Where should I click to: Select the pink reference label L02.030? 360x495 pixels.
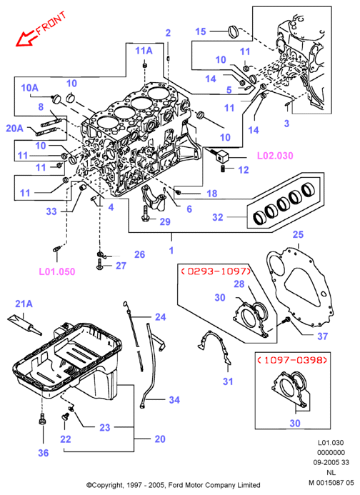(x=275, y=156)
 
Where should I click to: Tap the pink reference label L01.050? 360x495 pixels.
(x=57, y=271)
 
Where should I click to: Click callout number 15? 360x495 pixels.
(x=201, y=31)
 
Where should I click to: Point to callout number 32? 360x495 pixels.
(x=218, y=217)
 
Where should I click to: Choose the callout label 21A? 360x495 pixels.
(x=24, y=304)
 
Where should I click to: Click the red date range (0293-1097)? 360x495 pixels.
(x=216, y=271)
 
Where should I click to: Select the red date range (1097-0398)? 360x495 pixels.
(x=291, y=360)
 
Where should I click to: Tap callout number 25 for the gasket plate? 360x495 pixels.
(x=298, y=234)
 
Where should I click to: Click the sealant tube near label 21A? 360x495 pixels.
(x=24, y=324)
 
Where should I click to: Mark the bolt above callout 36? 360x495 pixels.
(x=42, y=419)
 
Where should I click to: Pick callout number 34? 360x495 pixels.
(x=174, y=400)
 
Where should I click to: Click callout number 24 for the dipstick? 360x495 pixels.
(x=161, y=317)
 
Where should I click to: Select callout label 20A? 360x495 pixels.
(x=14, y=128)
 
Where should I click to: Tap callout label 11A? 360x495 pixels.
(x=144, y=51)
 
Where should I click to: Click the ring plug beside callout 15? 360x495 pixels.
(x=234, y=31)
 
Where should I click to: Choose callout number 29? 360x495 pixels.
(x=165, y=221)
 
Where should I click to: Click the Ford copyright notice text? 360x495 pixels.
(x=174, y=485)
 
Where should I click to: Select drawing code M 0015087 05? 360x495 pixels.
(x=331, y=483)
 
